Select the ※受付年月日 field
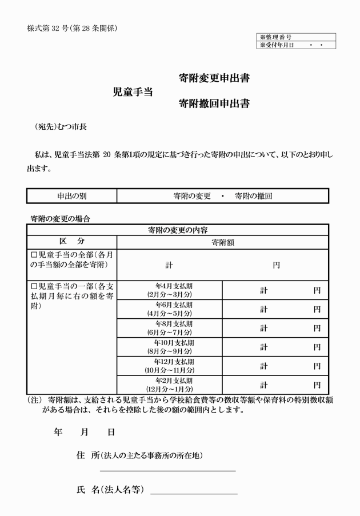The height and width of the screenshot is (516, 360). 296,45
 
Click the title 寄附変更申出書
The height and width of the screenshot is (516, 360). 214,78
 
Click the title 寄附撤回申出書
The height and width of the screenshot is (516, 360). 214,103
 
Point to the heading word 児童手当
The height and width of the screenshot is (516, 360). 133,91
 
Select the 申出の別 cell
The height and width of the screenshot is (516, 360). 71,196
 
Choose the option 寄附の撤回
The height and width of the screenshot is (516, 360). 253,196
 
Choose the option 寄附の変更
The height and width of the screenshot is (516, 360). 191,196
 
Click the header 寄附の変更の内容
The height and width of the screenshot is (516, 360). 177,230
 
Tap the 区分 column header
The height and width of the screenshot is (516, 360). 71,242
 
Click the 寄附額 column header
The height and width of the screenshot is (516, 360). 222,242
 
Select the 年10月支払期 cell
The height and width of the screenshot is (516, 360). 169,346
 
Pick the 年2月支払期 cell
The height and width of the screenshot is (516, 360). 169,384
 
